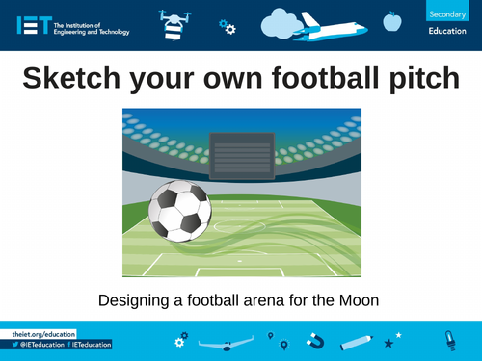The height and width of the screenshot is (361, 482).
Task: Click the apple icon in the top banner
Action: point(391,19)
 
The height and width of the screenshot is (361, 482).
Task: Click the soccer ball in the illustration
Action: point(179,210)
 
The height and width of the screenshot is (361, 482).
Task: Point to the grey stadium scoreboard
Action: point(241,152)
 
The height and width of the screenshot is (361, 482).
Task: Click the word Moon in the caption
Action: point(361,300)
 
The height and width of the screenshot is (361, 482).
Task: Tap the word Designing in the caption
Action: point(134,300)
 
